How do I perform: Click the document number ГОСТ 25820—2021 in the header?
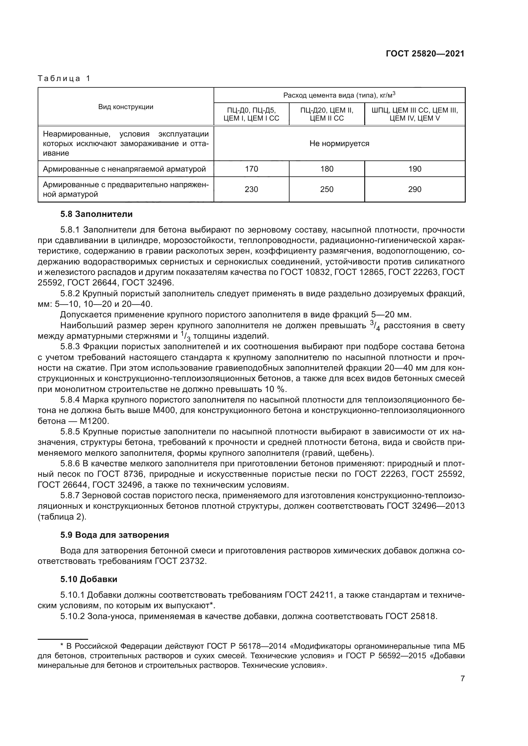tap(425, 54)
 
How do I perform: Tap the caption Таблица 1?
tap(64, 78)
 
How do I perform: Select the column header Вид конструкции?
tap(126, 107)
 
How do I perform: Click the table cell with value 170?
tap(251, 169)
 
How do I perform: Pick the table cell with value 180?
tap(327, 169)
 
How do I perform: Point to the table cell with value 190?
tap(415, 169)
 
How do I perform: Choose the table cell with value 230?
tap(251, 189)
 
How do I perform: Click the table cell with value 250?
tap(327, 189)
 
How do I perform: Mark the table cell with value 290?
tap(415, 189)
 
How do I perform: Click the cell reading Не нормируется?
tap(339, 144)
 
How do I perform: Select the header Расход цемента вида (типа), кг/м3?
tap(339, 95)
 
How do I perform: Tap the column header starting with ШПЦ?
tap(415, 114)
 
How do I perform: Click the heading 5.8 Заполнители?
tap(96, 214)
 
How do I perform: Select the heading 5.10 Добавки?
tap(89, 579)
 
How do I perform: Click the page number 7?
tap(462, 679)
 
